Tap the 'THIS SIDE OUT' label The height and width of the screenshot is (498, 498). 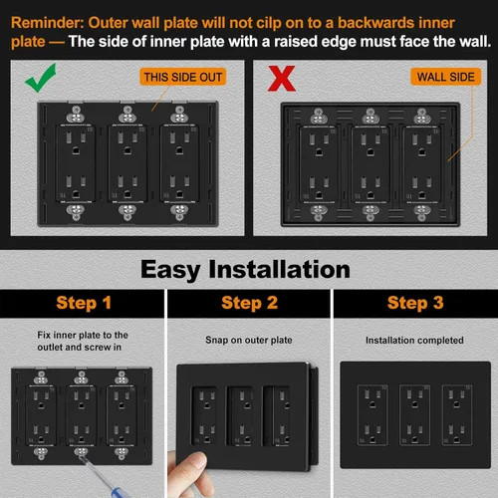(184, 77)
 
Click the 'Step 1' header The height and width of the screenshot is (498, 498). (84, 303)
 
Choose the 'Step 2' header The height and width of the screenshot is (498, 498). (249, 303)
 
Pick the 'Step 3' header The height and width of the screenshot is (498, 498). (414, 303)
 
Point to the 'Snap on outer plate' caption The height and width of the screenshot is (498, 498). (248, 339)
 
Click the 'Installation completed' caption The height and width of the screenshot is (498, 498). (414, 339)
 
